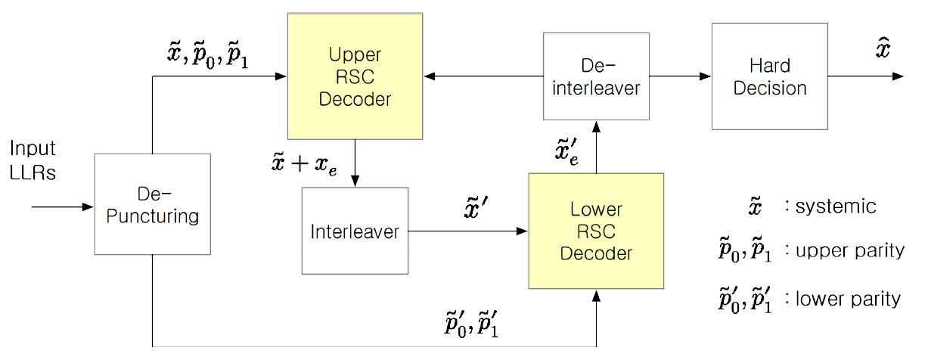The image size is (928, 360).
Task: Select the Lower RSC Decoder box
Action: (595, 231)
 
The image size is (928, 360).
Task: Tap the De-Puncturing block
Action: (152, 204)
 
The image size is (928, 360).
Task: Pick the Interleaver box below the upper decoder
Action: (355, 231)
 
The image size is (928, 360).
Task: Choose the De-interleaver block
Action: (596, 76)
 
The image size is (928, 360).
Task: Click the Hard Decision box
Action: (769, 76)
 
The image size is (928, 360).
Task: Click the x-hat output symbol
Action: (882, 50)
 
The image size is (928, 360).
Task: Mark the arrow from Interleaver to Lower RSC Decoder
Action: (468, 231)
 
